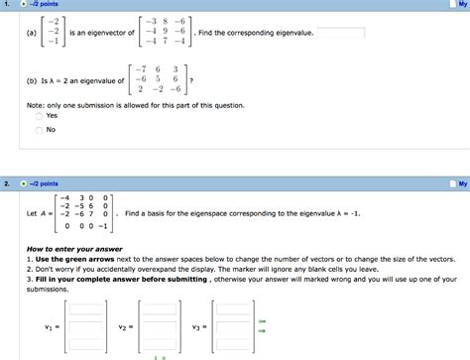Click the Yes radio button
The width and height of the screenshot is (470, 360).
[39, 115]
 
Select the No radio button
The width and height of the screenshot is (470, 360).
[39, 129]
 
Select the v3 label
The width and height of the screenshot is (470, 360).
[198, 325]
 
